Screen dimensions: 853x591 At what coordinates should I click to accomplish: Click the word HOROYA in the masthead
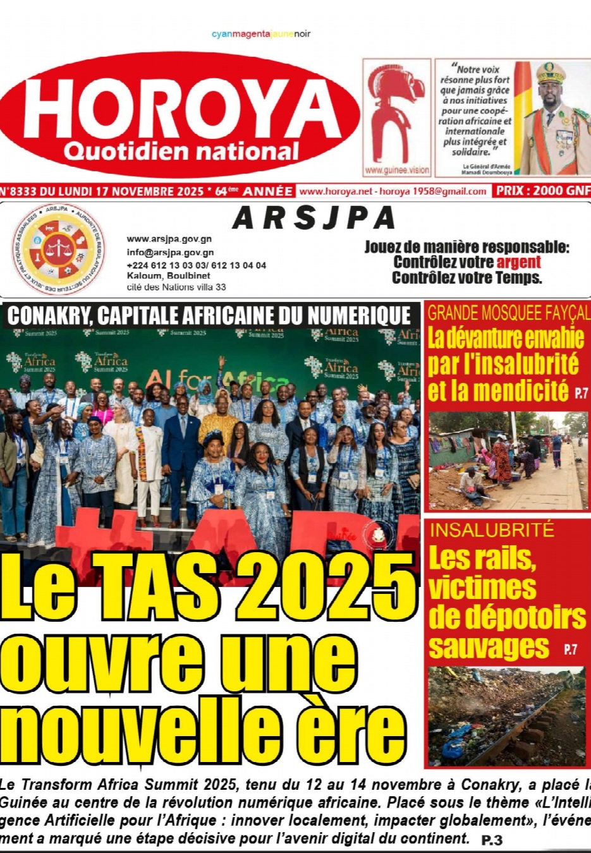pos(180,107)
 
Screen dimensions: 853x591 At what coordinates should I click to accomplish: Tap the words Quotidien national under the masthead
pos(181,152)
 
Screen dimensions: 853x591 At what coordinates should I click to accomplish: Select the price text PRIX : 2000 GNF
pos(542,191)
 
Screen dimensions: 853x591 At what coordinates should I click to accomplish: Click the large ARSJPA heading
pos(314,219)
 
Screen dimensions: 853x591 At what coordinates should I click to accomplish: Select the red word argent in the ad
pos(518,262)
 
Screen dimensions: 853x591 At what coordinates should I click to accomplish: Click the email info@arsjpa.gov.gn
pos(170,252)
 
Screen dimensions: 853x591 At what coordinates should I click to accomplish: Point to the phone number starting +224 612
pos(196,265)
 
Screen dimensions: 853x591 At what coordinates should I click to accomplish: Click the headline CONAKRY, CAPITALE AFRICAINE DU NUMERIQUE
pos(209,315)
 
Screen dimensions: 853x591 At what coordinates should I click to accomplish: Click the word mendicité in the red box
pos(498,391)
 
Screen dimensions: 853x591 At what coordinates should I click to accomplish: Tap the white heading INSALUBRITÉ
pos(492,529)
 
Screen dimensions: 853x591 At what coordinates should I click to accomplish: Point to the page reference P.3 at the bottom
pos(491,840)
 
